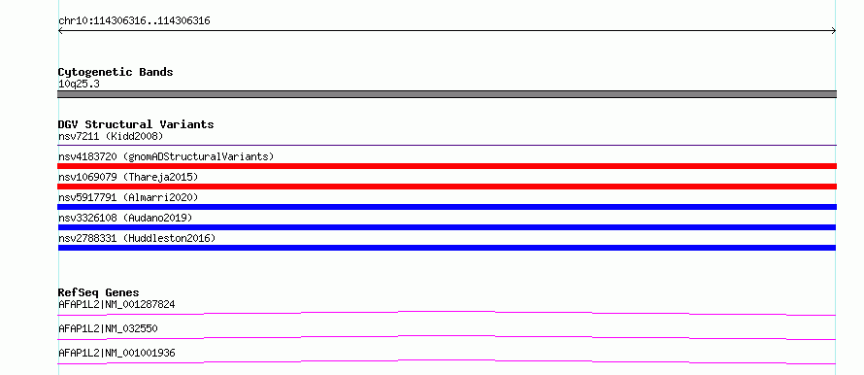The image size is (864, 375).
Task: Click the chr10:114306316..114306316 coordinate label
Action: pos(134,21)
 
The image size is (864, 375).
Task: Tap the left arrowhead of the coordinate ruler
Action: pos(60,31)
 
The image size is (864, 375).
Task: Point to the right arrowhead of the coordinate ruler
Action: pos(834,31)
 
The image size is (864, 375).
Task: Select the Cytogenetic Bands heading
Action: pos(116,72)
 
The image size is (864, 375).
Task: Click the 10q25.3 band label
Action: pos(79,85)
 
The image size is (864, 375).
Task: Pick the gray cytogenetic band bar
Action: pos(447,94)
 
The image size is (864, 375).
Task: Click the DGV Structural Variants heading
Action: pos(136,124)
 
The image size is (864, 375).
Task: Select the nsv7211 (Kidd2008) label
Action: pos(111,136)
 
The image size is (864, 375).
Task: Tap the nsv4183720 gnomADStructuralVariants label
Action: pos(166,156)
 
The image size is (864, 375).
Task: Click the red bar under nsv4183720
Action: pos(447,166)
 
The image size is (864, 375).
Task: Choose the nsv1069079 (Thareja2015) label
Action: pos(128,177)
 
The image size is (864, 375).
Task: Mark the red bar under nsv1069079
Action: pos(447,187)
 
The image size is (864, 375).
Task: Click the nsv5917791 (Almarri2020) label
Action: pos(128,197)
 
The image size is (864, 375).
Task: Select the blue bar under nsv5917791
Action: pos(447,207)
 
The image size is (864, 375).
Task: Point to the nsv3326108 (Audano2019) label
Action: pos(125,218)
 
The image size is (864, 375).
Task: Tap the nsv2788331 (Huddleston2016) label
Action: pos(137,238)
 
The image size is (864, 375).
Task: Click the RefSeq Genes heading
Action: pos(99,292)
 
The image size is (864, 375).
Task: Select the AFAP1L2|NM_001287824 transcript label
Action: pos(116,304)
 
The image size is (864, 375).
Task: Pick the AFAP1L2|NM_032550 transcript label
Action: pos(108,328)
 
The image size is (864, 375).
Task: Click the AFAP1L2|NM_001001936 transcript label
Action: pos(116,353)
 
